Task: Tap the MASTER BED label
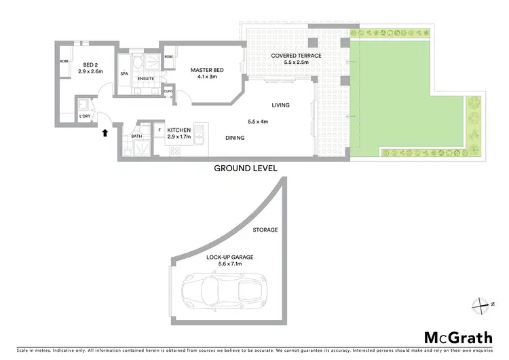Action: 206,70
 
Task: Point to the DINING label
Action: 234,138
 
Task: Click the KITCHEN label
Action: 180,129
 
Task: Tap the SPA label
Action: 124,73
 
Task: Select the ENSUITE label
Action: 145,79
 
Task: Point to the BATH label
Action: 136,137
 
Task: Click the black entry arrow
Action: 105,133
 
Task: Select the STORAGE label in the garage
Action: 265,230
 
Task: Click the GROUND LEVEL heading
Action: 245,168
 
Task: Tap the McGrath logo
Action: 458,337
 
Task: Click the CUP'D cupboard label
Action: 168,90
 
